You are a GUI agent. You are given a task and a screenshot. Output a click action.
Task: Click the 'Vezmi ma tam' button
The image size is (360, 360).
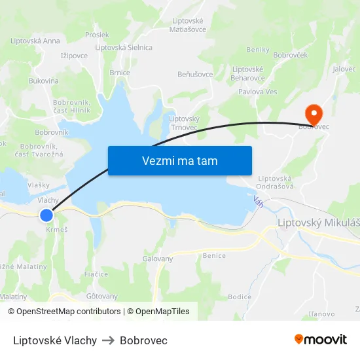click(179, 160)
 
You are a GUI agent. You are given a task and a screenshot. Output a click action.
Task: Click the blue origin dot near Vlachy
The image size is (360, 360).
click(46, 215)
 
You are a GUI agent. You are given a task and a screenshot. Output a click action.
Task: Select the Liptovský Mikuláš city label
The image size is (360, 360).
click(318, 223)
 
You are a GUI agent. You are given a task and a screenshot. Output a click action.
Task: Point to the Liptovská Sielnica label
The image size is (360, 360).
click(124, 47)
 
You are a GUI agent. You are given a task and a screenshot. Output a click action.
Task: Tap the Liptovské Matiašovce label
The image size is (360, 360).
click(188, 25)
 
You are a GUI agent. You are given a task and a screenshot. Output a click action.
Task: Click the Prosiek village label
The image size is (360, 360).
click(97, 35)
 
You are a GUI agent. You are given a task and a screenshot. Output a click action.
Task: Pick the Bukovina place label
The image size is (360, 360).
click(43, 81)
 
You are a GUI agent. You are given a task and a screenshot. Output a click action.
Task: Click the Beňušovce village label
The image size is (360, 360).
click(195, 74)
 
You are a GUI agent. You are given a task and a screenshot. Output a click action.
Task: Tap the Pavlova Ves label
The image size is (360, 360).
click(257, 92)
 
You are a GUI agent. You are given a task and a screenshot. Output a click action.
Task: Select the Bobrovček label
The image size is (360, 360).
click(290, 55)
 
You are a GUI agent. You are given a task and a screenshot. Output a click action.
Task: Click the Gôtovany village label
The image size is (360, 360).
click(102, 296)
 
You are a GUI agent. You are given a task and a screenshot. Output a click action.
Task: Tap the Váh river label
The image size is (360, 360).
click(259, 203)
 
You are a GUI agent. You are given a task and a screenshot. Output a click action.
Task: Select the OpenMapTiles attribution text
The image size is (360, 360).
click(158, 312)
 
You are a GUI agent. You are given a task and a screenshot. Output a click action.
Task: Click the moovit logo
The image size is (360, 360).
click(320, 340)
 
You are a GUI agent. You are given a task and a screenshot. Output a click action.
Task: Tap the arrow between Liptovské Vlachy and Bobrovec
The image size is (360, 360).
click(108, 340)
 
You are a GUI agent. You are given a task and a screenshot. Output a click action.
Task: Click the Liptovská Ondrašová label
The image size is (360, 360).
click(275, 182)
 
